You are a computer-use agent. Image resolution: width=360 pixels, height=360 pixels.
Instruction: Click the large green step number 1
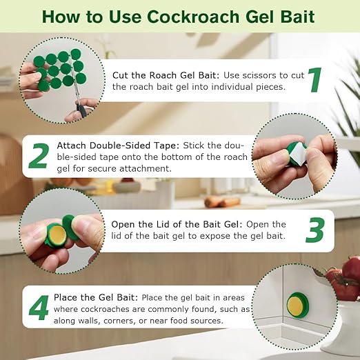tap(315, 79)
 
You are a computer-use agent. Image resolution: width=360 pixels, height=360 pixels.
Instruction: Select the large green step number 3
tap(315, 231)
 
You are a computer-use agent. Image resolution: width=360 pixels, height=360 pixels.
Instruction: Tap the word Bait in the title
tap(314, 16)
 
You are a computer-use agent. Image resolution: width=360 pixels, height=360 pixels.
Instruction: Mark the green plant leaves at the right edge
tap(348, 110)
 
